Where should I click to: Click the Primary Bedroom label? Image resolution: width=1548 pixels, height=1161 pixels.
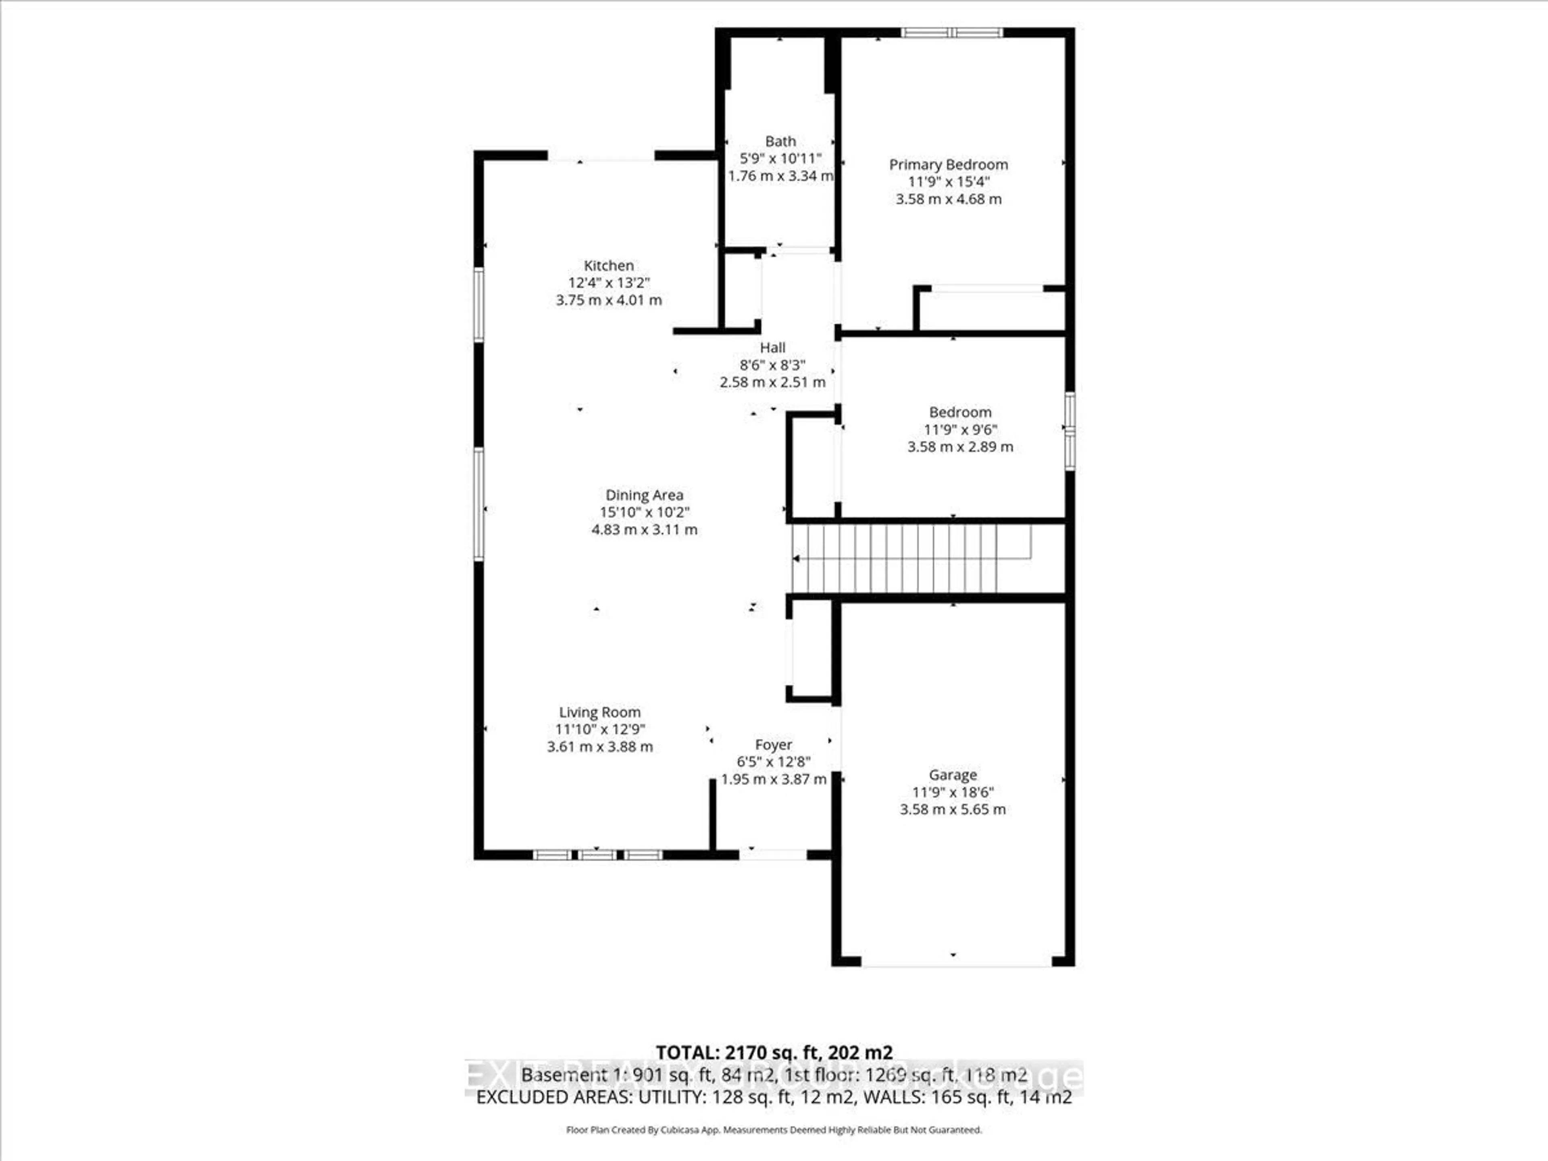948,164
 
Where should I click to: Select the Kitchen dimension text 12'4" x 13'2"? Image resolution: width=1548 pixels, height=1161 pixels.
608,283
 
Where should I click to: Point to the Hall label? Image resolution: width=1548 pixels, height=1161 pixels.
773,348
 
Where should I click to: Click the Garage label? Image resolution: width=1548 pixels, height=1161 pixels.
953,775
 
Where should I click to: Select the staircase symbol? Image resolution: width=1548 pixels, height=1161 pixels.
910,558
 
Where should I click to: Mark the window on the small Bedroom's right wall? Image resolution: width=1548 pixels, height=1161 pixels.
1069,431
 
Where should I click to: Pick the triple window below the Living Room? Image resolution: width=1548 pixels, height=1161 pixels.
597,855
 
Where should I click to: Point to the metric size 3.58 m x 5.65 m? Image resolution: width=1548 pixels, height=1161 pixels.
953,810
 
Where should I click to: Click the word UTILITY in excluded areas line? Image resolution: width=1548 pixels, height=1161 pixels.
670,1097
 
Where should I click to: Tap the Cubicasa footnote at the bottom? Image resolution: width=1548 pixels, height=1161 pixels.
773,1130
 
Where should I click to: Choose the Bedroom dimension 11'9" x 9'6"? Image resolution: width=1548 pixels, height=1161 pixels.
960,430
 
